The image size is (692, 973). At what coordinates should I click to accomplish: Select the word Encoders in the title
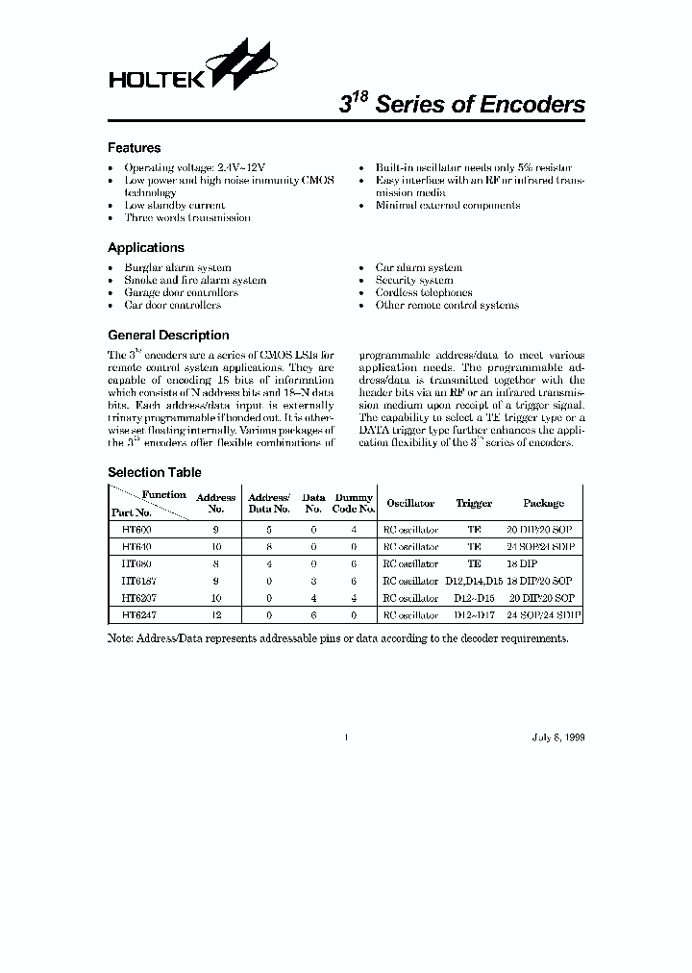tap(531, 106)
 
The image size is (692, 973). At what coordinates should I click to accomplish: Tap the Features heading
tap(134, 148)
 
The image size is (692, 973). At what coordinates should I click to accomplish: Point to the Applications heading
tap(145, 247)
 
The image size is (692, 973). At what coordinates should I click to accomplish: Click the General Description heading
tap(167, 336)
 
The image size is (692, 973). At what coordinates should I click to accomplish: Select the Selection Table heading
tap(154, 472)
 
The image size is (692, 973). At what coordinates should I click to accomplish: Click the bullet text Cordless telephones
tap(424, 292)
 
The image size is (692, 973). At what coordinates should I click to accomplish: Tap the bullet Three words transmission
tap(187, 217)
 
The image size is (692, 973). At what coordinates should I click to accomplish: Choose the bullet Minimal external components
tap(448, 205)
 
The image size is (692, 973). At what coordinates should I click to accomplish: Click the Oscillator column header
tap(410, 503)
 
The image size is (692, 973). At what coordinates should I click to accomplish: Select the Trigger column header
tap(474, 503)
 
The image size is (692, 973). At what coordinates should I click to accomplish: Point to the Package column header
tap(543, 503)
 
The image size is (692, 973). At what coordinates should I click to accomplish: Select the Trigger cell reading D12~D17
tap(474, 613)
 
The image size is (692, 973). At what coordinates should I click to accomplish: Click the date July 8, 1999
tap(557, 737)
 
